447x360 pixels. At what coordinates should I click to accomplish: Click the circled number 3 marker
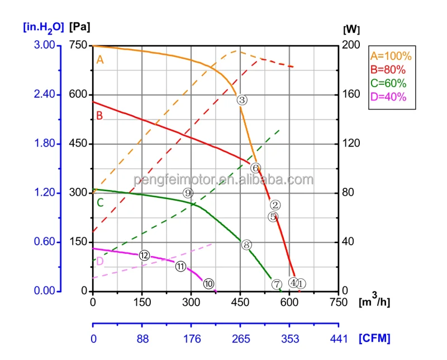[242, 100]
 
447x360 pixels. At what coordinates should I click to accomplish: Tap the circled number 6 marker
[256, 168]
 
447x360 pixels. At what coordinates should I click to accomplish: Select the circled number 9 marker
[188, 193]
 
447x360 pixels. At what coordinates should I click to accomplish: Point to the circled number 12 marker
[144, 255]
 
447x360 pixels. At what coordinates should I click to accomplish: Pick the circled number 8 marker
[246, 245]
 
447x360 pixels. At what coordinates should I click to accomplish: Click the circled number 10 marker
[208, 283]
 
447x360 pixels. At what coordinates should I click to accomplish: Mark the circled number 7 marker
[277, 284]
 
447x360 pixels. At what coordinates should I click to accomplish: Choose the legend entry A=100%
[391, 56]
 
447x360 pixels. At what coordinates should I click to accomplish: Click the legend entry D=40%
[388, 97]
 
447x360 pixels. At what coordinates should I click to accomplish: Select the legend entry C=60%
[388, 83]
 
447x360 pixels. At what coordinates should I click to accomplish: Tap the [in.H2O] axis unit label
[44, 27]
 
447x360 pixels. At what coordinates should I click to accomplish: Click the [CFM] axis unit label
[374, 338]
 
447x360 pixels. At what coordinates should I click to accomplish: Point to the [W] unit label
[351, 29]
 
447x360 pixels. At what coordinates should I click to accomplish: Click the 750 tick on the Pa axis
[78, 45]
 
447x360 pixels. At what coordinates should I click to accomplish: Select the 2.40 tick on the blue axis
[45, 94]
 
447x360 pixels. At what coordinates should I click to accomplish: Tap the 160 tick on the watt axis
[351, 94]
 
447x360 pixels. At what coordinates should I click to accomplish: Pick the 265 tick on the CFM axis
[241, 339]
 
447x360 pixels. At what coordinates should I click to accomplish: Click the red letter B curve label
[99, 116]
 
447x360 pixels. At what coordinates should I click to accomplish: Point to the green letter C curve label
[100, 203]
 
